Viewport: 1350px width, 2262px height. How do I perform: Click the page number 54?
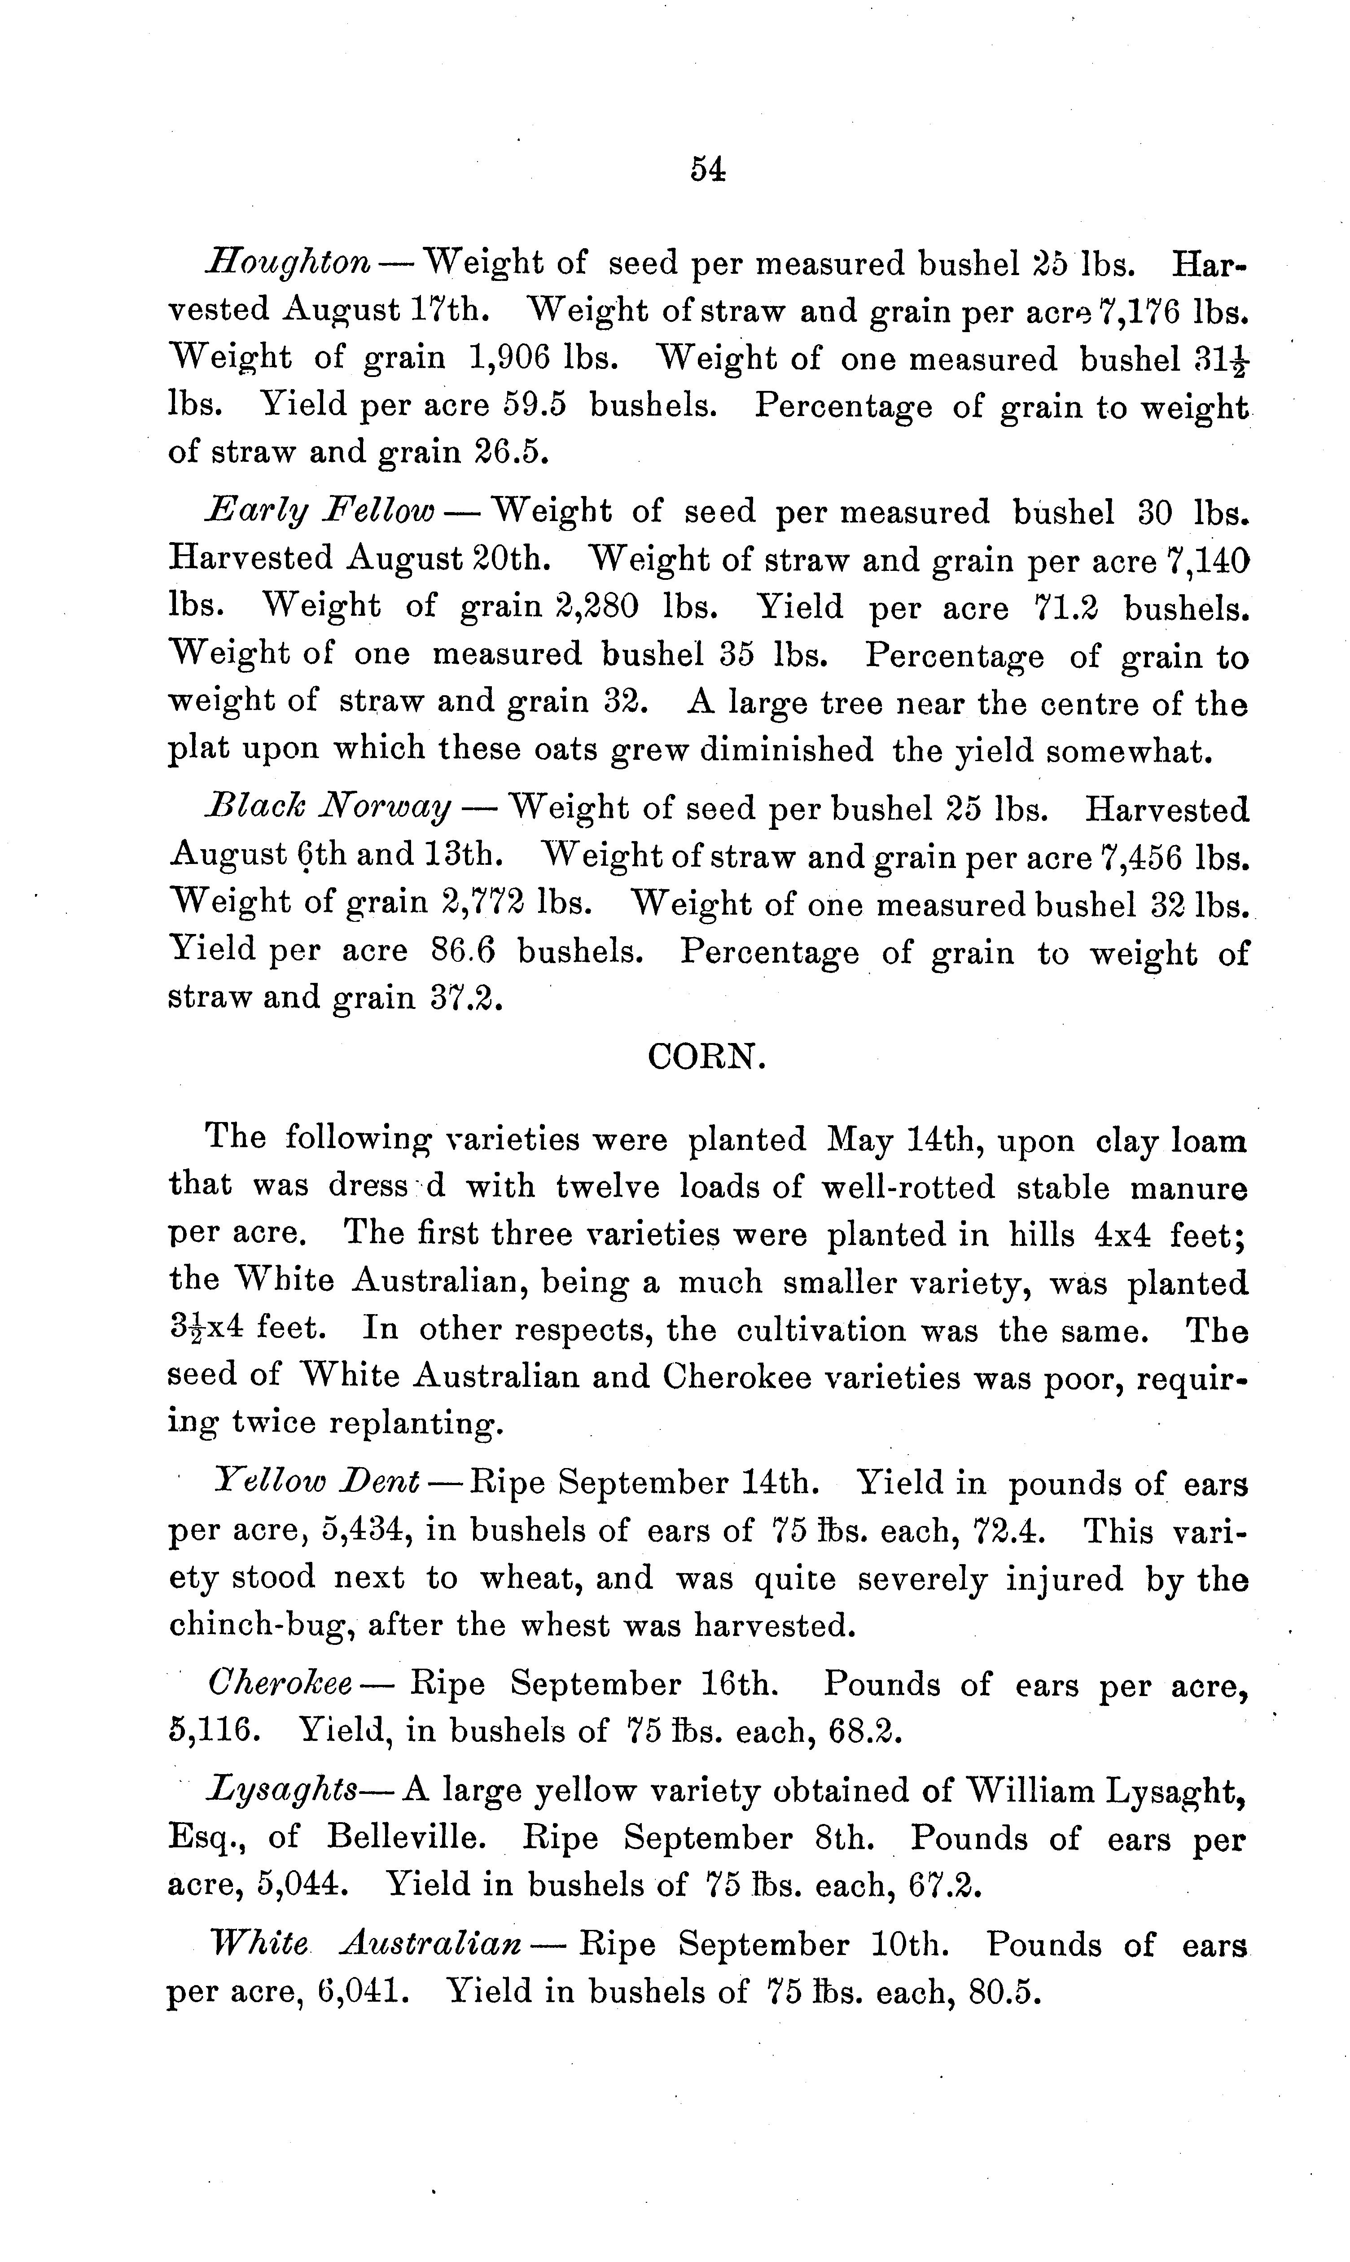(x=707, y=169)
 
